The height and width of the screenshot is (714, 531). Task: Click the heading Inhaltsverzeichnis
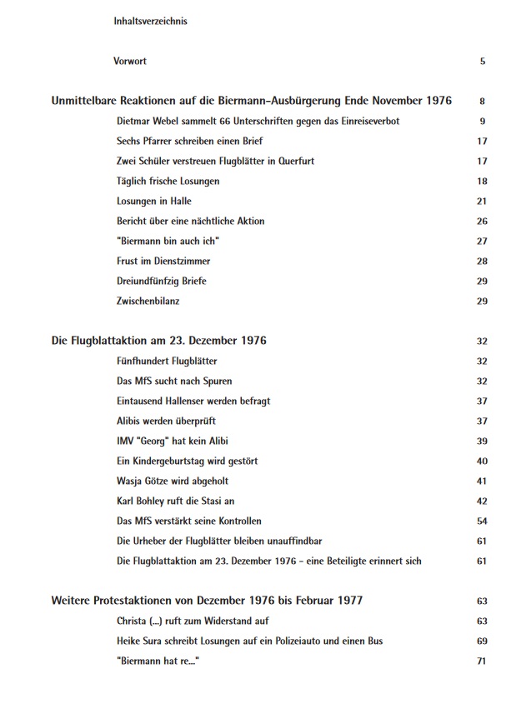150,21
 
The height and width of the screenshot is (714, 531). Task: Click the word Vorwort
130,61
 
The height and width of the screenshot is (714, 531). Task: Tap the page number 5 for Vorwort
483,61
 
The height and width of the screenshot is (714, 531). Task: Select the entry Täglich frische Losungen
168,181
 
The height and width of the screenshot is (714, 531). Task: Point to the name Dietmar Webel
149,121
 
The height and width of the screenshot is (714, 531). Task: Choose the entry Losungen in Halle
154,201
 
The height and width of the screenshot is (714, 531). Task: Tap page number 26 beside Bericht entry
482,221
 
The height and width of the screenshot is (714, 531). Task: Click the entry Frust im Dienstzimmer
163,261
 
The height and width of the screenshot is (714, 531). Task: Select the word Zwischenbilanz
148,301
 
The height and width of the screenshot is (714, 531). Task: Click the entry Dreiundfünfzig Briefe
162,281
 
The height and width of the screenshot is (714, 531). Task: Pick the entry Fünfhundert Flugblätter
168,361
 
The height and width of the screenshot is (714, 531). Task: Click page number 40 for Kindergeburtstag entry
482,461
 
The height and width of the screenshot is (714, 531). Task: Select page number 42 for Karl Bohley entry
482,501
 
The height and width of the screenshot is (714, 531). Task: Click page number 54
482,521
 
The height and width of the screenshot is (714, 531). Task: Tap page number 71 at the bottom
482,661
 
